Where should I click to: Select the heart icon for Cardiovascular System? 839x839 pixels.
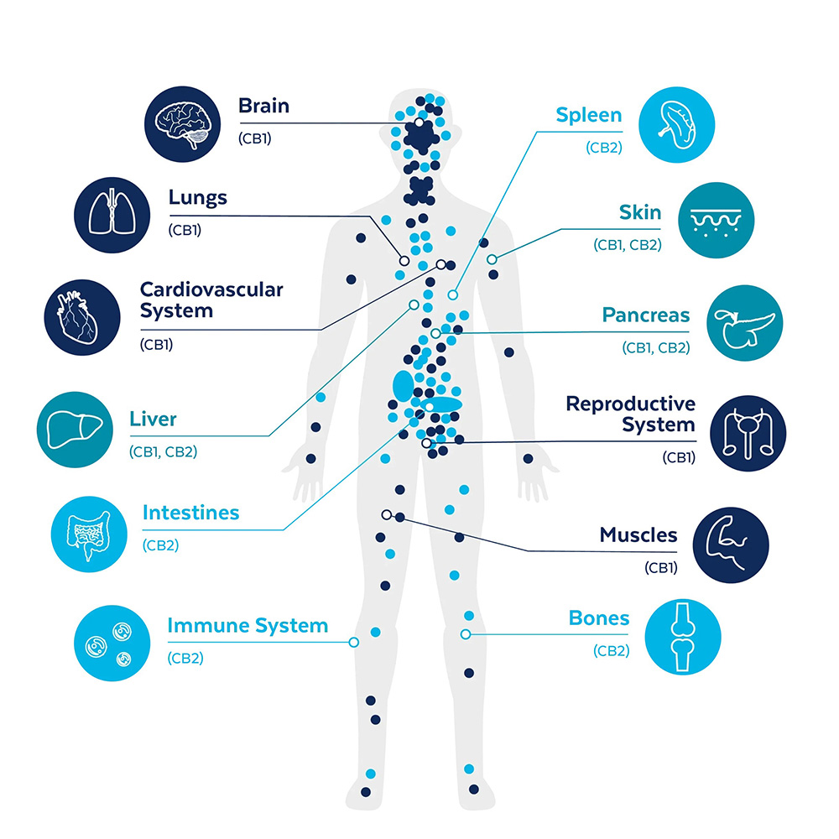pos(81,316)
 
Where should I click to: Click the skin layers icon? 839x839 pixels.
pos(715,221)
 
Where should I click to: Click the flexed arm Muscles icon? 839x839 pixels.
pos(730,544)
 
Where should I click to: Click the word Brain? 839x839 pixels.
pos(263,107)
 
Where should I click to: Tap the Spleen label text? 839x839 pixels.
pos(589,115)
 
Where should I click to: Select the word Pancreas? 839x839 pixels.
pos(645,315)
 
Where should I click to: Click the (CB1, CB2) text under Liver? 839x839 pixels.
pos(163,451)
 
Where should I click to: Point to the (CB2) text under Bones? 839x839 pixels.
pos(611,650)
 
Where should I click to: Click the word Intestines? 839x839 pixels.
pos(190,513)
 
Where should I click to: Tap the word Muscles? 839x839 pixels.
pos(638,535)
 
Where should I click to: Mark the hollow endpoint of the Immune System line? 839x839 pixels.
pos(353,642)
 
